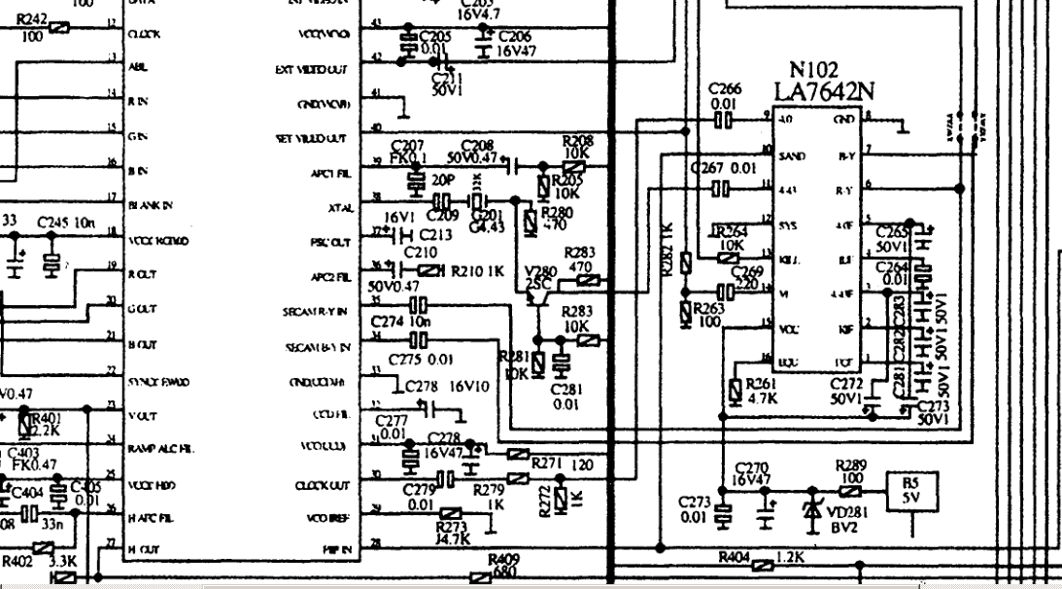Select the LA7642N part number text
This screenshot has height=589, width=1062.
(823, 90)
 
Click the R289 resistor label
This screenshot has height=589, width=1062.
(851, 466)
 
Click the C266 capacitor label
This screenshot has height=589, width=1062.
(725, 88)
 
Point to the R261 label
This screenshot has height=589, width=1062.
(763, 382)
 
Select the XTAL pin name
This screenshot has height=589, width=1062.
(339, 207)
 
